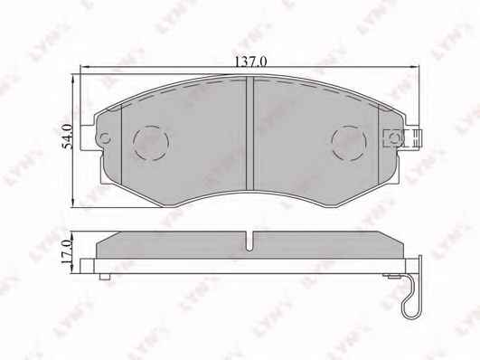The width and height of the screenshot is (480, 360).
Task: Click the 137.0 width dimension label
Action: [250, 62]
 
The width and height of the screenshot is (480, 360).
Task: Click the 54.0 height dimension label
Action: [68, 137]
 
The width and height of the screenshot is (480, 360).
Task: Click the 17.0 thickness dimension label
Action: [66, 252]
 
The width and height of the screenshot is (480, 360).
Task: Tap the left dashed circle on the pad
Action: [151, 143]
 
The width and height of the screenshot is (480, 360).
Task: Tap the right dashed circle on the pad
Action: [349, 143]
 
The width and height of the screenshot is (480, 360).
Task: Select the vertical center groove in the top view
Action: [250, 133]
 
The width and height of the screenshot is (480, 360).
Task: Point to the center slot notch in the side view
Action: [250, 242]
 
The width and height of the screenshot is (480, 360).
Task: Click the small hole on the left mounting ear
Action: [105, 138]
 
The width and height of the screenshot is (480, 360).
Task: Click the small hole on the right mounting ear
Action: [395, 137]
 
